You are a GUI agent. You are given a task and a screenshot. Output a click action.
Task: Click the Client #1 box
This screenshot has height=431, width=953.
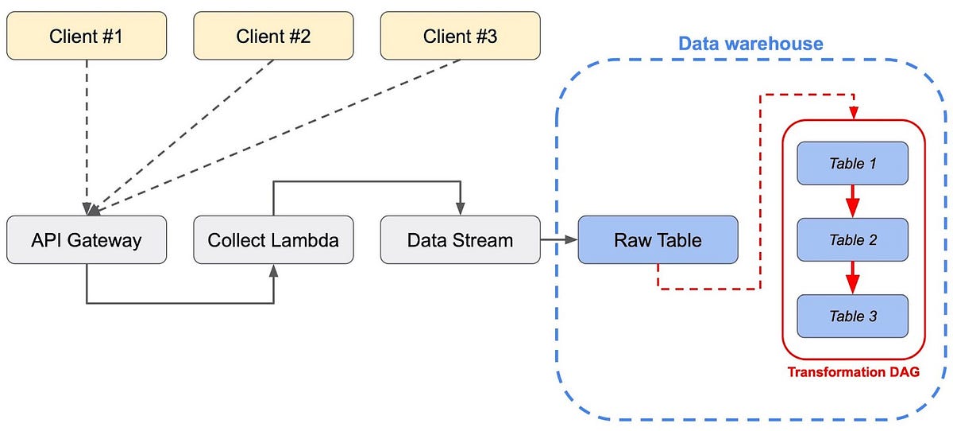[87, 37]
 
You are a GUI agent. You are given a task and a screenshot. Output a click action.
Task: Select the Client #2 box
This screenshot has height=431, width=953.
[274, 37]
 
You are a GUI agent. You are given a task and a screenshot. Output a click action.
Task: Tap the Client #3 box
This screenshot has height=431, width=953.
[461, 37]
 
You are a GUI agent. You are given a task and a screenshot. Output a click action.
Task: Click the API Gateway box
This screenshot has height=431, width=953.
[87, 239]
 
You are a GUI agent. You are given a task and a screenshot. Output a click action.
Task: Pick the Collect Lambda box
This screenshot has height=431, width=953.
[274, 239]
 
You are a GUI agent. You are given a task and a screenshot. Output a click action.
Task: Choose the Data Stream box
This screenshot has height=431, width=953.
[461, 239]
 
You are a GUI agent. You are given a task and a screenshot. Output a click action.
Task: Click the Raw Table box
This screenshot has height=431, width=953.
[658, 239]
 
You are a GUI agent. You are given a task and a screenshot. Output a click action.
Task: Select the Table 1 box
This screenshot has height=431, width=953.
[852, 164]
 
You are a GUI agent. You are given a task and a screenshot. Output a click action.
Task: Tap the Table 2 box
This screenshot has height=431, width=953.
[852, 240]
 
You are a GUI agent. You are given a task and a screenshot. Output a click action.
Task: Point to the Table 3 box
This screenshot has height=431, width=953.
[852, 316]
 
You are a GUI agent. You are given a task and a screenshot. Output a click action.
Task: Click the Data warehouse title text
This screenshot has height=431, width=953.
[750, 44]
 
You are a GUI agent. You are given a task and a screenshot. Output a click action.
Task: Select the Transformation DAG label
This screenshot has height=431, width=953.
[853, 371]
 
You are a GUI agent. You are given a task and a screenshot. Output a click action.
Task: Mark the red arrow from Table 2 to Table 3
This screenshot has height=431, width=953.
[852, 278]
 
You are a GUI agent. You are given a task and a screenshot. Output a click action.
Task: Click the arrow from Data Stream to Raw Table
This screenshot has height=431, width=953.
[559, 239]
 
